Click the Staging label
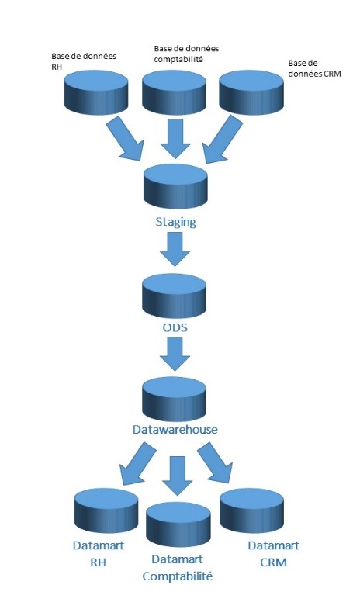pyautogui.click(x=175, y=223)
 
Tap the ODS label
pyautogui.click(x=175, y=327)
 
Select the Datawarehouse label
pyautogui.click(x=175, y=429)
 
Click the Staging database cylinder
pyautogui.click(x=175, y=186)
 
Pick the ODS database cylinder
pyautogui.click(x=174, y=296)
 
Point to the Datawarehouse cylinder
pyautogui.click(x=174, y=400)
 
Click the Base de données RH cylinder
pyautogui.click(x=96, y=93)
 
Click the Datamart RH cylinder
pyautogui.click(x=106, y=510)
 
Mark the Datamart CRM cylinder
pyautogui.click(x=252, y=510)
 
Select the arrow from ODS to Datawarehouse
pyautogui.click(x=175, y=354)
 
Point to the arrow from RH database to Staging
pyautogui.click(x=124, y=140)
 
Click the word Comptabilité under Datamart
pyautogui.click(x=177, y=576)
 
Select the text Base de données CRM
pyautogui.click(x=314, y=68)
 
